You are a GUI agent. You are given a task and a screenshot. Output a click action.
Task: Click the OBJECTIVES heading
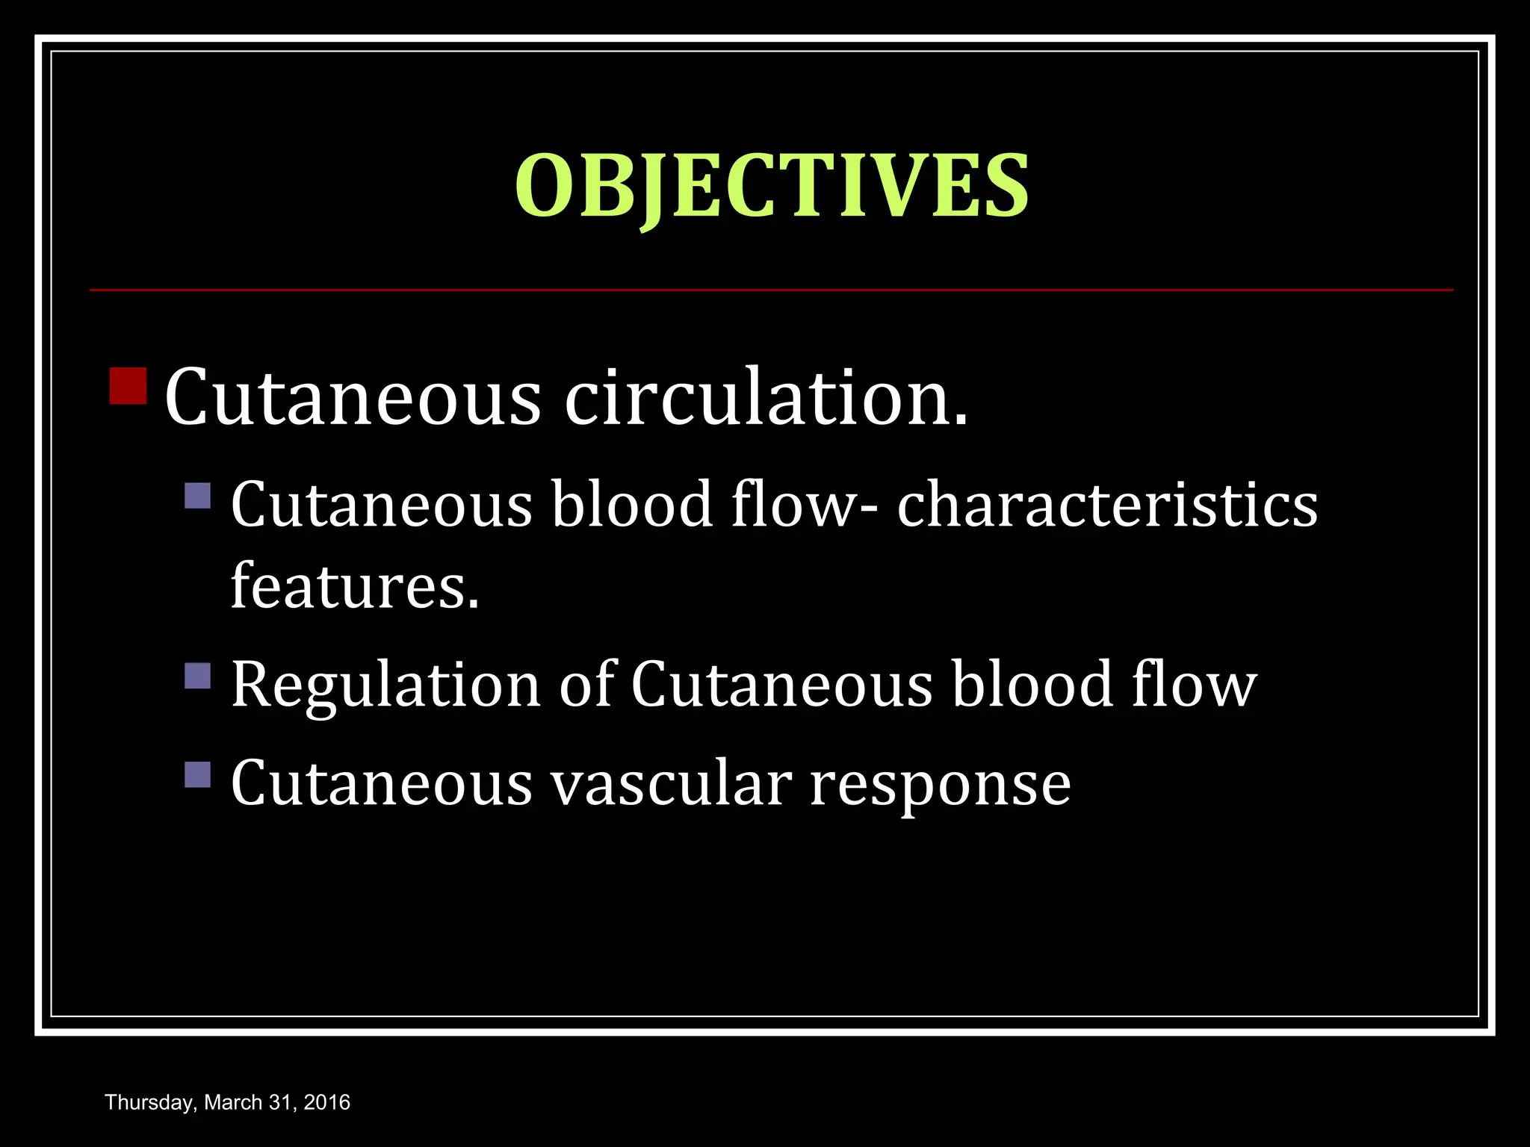tap(772, 187)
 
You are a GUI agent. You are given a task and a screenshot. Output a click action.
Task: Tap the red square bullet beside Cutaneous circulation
tap(128, 385)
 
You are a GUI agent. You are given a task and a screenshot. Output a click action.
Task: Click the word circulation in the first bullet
tap(766, 397)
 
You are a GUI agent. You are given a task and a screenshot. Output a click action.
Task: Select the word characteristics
tap(1107, 506)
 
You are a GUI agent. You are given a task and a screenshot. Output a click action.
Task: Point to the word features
tap(354, 586)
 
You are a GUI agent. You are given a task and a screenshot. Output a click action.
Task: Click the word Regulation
tap(385, 685)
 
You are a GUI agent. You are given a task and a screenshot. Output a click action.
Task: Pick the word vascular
tap(671, 783)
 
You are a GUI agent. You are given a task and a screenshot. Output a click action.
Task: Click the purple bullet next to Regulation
tap(198, 676)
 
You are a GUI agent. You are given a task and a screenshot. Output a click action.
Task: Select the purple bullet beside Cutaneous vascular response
tap(198, 774)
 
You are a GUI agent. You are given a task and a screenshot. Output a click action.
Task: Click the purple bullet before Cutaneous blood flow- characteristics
tap(198, 496)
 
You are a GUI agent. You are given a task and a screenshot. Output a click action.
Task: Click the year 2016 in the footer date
tap(327, 1102)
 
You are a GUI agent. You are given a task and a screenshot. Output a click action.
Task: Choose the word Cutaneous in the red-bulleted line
tap(352, 397)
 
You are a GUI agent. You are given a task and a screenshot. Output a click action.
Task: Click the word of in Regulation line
tap(587, 685)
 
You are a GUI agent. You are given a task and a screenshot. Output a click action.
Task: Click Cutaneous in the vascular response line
tap(381, 783)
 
